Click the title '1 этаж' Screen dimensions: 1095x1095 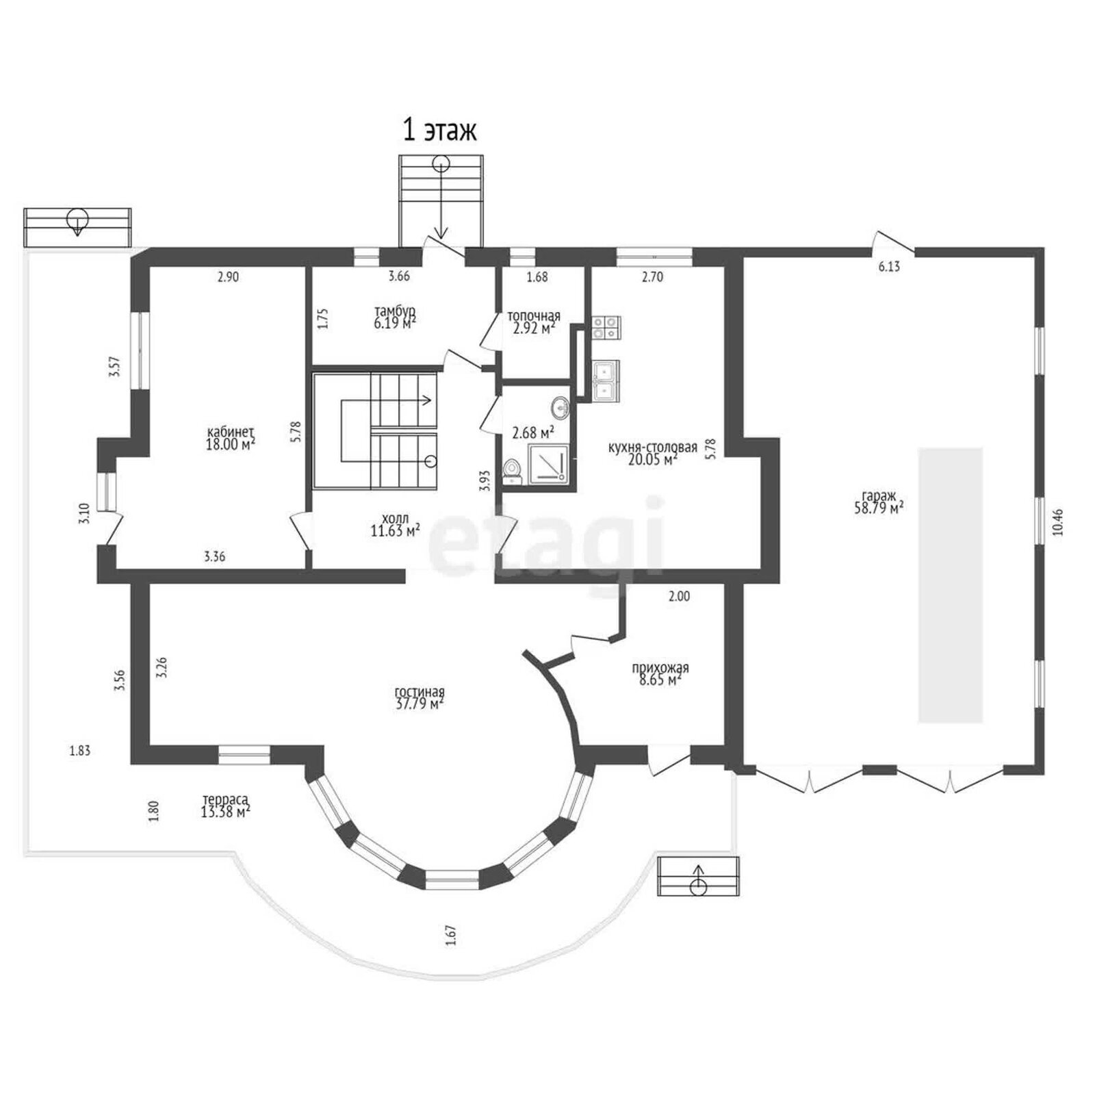coord(439,130)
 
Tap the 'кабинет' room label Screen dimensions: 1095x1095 coord(231,432)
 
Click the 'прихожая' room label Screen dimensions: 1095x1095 coord(660,668)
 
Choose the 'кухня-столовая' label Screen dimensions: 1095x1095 coord(653,448)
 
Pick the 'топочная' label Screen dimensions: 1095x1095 coord(534,316)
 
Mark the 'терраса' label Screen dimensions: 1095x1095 coord(225,799)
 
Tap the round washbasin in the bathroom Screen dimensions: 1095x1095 coord(561,408)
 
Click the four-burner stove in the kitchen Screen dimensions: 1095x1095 coord(606,327)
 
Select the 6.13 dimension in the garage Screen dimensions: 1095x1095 coord(889,267)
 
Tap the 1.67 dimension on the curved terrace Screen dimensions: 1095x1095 coord(450,935)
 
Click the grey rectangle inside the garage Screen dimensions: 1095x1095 coord(951,585)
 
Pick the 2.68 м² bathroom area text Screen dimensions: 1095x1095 coord(534,433)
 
